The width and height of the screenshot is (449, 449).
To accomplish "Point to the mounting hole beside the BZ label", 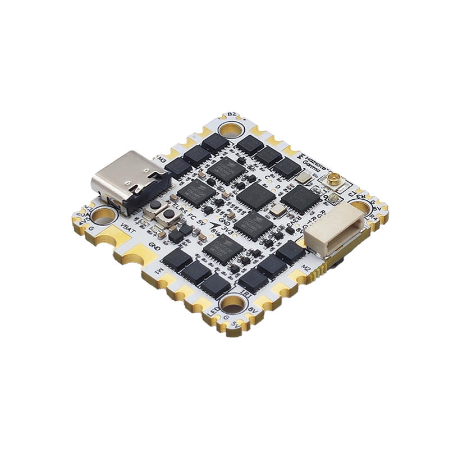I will click(x=230, y=130).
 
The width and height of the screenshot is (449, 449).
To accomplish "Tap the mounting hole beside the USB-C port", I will click(x=103, y=215).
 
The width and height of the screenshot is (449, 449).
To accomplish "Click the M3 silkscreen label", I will click(x=162, y=159).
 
